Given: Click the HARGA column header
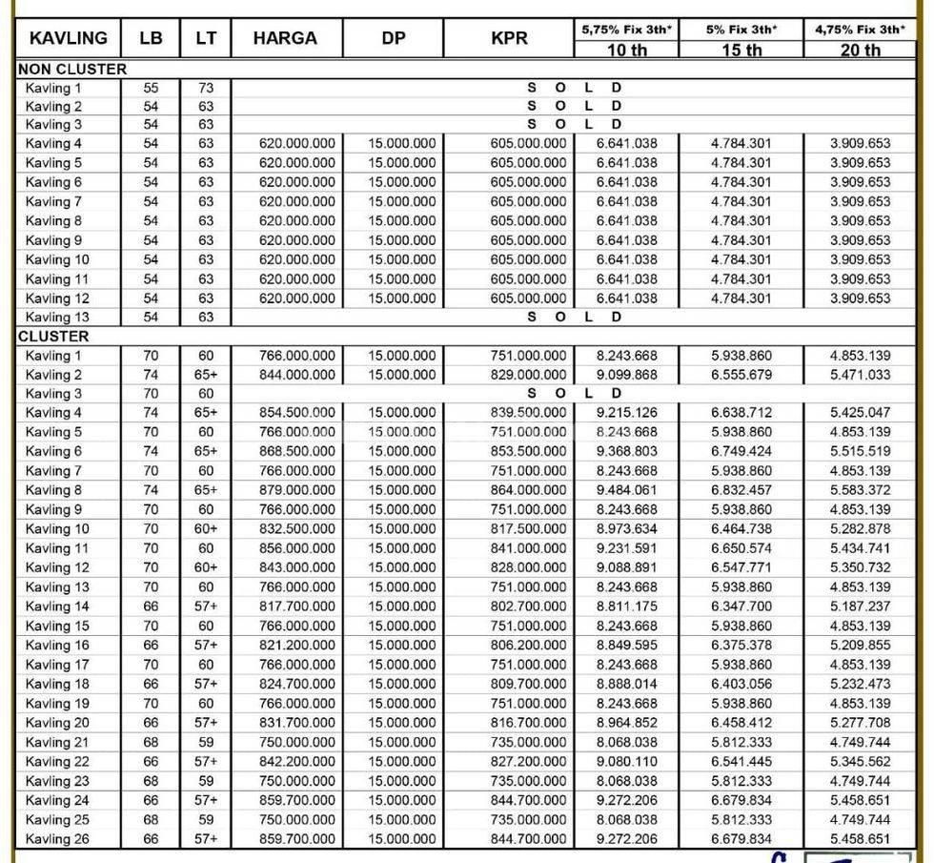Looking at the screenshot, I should click(x=285, y=40).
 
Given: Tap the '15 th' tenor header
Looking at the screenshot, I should click(x=741, y=51).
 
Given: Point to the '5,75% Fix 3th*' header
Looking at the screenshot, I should click(x=626, y=30).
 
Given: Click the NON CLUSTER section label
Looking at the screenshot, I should click(x=72, y=70).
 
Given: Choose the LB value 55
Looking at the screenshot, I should click(x=151, y=88).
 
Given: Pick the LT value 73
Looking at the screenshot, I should click(x=206, y=88).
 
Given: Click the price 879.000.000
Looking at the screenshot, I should click(x=297, y=490).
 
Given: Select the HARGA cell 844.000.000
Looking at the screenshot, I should click(x=297, y=375).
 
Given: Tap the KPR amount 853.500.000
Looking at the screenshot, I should click(x=528, y=451).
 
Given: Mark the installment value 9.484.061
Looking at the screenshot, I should click(x=626, y=490).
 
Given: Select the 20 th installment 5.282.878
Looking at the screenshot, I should click(x=860, y=529).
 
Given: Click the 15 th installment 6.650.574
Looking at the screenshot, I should click(x=741, y=548).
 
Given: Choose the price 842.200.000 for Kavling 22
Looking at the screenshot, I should click(x=297, y=761).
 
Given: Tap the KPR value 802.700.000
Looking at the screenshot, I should click(x=528, y=606).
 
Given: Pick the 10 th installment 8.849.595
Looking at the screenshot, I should click(x=626, y=646).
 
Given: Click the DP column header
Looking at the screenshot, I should click(x=393, y=40).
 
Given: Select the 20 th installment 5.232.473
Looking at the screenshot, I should click(x=860, y=684).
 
